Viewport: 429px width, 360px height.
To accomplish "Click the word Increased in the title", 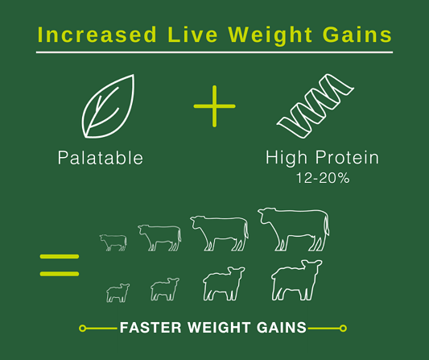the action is (97, 35).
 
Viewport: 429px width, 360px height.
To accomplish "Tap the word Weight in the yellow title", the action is (270, 36).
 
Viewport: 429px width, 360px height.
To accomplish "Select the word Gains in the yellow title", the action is (357, 35).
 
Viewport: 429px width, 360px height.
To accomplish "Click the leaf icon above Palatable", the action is (108, 106).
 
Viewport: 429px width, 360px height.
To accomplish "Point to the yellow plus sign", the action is (214, 106).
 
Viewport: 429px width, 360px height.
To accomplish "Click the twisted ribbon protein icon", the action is (316, 106).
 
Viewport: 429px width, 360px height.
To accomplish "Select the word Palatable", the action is (101, 158).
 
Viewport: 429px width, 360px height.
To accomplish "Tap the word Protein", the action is (347, 157).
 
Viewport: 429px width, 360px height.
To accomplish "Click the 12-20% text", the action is (323, 178).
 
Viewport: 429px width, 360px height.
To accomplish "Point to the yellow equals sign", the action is (60, 265).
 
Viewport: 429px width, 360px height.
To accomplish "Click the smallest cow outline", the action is (113, 242).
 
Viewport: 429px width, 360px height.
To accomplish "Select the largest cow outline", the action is (294, 230).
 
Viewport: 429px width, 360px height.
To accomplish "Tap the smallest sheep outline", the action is (118, 293).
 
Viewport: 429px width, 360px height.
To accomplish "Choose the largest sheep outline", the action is (296, 280).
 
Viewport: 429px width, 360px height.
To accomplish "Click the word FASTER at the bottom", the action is (151, 328).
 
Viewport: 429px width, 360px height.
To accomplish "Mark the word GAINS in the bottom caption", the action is (282, 328).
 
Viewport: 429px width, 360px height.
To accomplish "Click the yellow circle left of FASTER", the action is (82, 328).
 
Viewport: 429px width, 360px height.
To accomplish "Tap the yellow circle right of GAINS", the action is (343, 328).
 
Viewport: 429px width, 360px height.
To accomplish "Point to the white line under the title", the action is (214, 52).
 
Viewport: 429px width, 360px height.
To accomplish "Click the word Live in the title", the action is (192, 35).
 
